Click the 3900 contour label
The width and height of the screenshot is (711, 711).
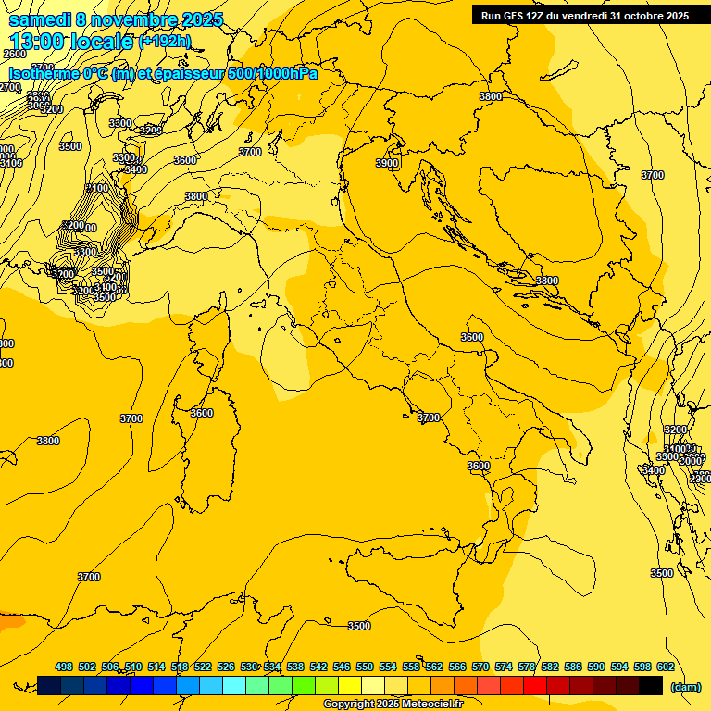tap(387, 163)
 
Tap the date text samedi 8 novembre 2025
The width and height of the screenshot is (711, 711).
tap(116, 19)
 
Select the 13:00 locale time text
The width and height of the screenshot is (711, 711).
tap(71, 41)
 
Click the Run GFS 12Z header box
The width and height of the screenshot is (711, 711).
tap(584, 15)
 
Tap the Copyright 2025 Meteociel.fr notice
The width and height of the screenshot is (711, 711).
tap(393, 704)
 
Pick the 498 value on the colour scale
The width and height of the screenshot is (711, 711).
tap(64, 667)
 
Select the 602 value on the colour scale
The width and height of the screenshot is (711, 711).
tap(665, 667)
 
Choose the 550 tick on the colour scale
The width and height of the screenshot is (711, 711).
tap(365, 667)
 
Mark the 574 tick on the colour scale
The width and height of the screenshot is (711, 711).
tap(504, 667)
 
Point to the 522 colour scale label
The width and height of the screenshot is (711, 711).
tap(203, 667)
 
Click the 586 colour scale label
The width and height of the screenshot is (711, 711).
tap(573, 667)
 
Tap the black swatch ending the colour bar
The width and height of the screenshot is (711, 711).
tap(651, 685)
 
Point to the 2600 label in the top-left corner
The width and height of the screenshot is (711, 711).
tap(14, 55)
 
